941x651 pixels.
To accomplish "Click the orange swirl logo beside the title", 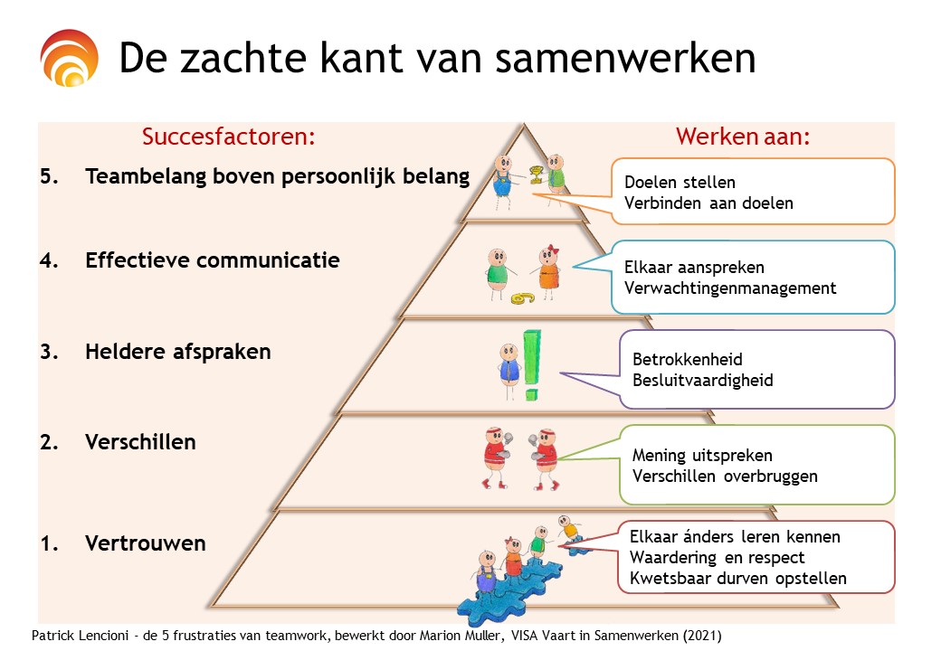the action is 69,58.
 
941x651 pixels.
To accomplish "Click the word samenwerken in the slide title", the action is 625,58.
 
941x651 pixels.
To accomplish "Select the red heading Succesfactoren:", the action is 229,137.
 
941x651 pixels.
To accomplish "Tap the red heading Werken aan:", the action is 743,137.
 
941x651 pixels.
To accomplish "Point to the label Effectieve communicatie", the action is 213,260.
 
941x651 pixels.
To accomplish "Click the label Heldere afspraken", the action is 177,352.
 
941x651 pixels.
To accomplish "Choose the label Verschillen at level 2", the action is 140,442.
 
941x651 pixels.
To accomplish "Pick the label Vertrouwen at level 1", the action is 146,543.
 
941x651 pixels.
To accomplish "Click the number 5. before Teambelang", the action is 49,176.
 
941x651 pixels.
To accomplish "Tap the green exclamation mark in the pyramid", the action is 531,365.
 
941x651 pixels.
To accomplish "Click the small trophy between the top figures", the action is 536,175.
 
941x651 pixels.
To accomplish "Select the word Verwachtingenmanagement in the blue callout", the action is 730,288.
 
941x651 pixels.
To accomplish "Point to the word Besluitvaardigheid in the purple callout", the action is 703,381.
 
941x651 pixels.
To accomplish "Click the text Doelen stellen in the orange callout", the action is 680,183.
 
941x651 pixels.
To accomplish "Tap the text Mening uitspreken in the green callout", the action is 702,456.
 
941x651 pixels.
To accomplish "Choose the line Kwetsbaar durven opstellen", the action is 738,579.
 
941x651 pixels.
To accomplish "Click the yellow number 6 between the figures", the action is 521,297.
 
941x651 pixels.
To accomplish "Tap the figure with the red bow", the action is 548,272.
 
